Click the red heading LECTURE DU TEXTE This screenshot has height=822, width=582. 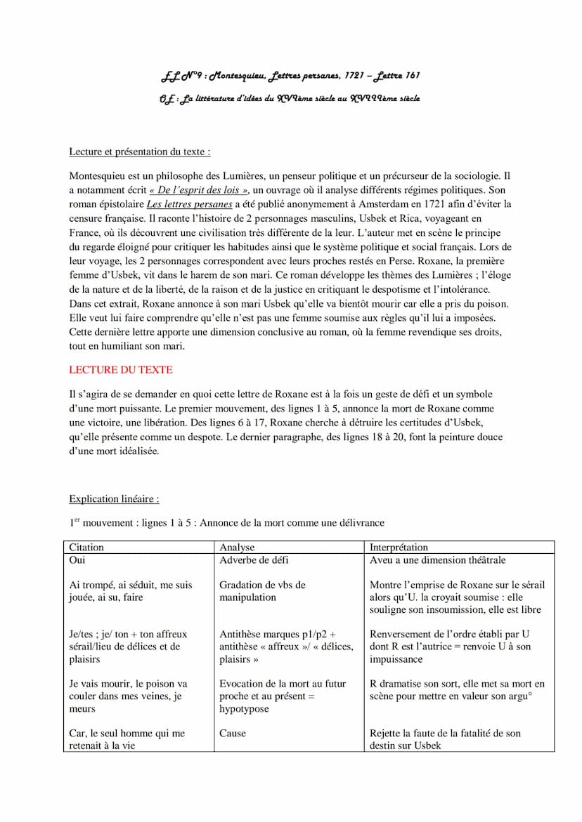click(120, 369)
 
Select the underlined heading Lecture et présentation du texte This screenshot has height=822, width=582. click(139, 152)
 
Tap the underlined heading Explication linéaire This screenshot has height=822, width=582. click(113, 499)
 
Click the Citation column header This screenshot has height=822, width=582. click(86, 547)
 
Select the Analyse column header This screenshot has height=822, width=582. click(237, 547)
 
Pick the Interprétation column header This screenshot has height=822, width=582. click(398, 547)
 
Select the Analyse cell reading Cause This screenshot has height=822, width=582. click(233, 733)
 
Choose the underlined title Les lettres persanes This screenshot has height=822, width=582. click(188, 204)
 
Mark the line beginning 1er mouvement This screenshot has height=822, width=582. click(226, 523)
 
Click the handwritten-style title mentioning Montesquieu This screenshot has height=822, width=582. click(290, 75)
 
